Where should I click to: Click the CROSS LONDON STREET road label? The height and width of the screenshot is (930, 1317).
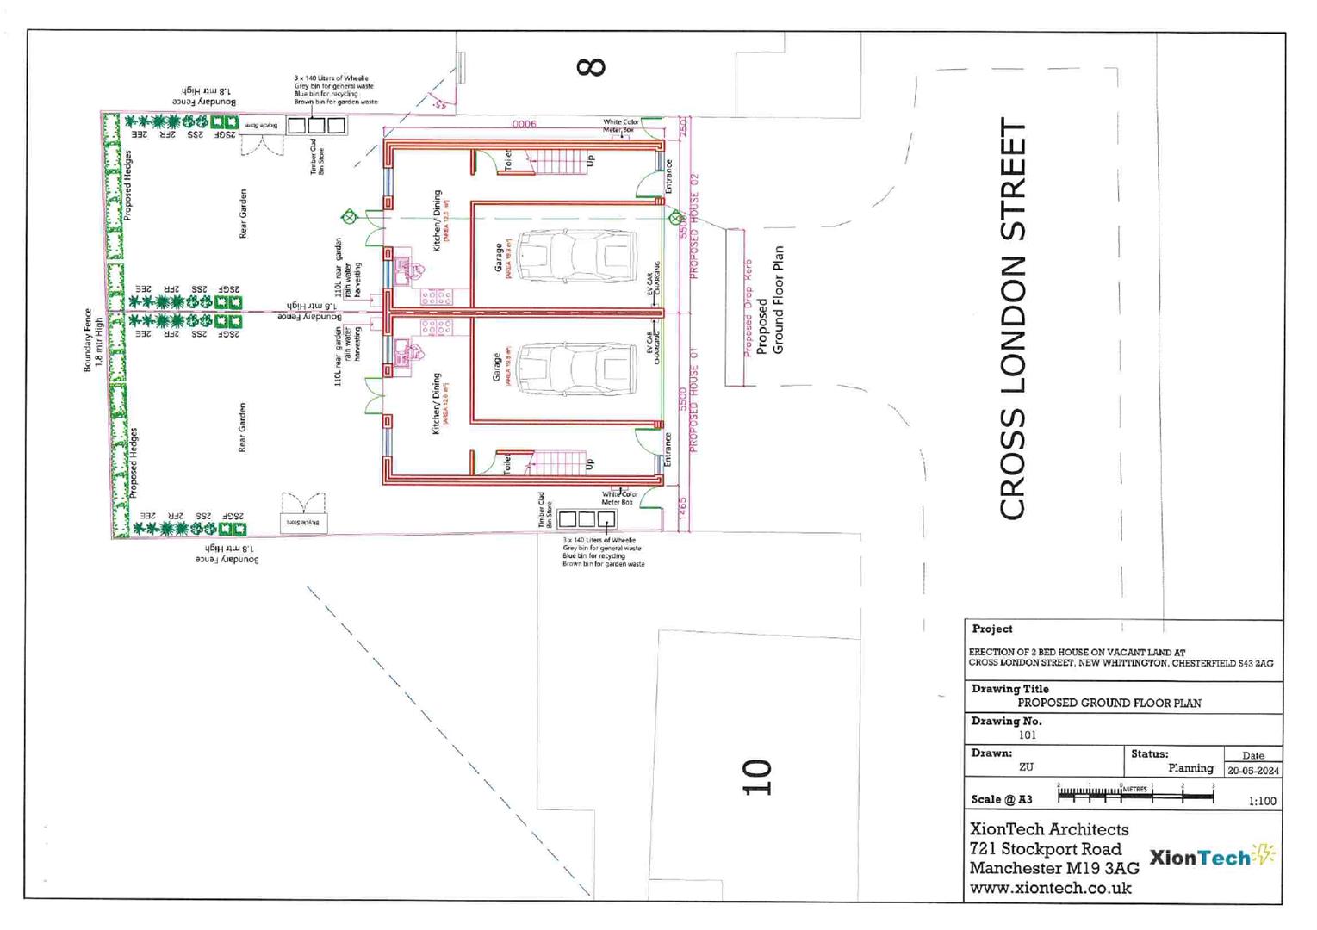pos(1013,319)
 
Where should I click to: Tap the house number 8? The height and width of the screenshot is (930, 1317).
pos(591,67)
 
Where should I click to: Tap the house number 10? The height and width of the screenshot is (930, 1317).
pos(756,777)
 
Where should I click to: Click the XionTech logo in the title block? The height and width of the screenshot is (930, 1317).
pos(1211,856)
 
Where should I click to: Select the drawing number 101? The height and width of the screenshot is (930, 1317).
pos(1027,735)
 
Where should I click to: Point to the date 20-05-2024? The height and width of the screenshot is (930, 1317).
pos(1253,771)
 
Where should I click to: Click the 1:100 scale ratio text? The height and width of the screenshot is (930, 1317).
pos(1262,801)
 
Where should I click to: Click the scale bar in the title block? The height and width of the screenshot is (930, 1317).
pos(1134,795)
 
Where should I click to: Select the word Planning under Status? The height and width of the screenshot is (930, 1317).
pos(1190,768)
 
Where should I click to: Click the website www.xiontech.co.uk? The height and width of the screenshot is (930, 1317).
pos(1050,888)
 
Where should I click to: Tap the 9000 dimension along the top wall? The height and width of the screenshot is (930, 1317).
pos(524,124)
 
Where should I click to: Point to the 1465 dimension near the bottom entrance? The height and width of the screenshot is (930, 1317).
pos(683,507)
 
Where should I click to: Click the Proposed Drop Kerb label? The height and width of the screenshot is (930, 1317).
pos(748,307)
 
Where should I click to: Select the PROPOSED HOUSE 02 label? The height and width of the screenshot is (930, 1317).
pos(694,226)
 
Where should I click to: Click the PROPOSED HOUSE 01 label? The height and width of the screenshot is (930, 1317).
pos(694,400)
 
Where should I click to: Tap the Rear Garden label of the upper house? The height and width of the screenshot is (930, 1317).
pos(243,214)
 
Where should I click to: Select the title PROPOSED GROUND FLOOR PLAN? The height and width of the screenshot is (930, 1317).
pos(1109,703)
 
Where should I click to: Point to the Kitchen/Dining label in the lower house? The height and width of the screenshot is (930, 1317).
pos(437,403)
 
